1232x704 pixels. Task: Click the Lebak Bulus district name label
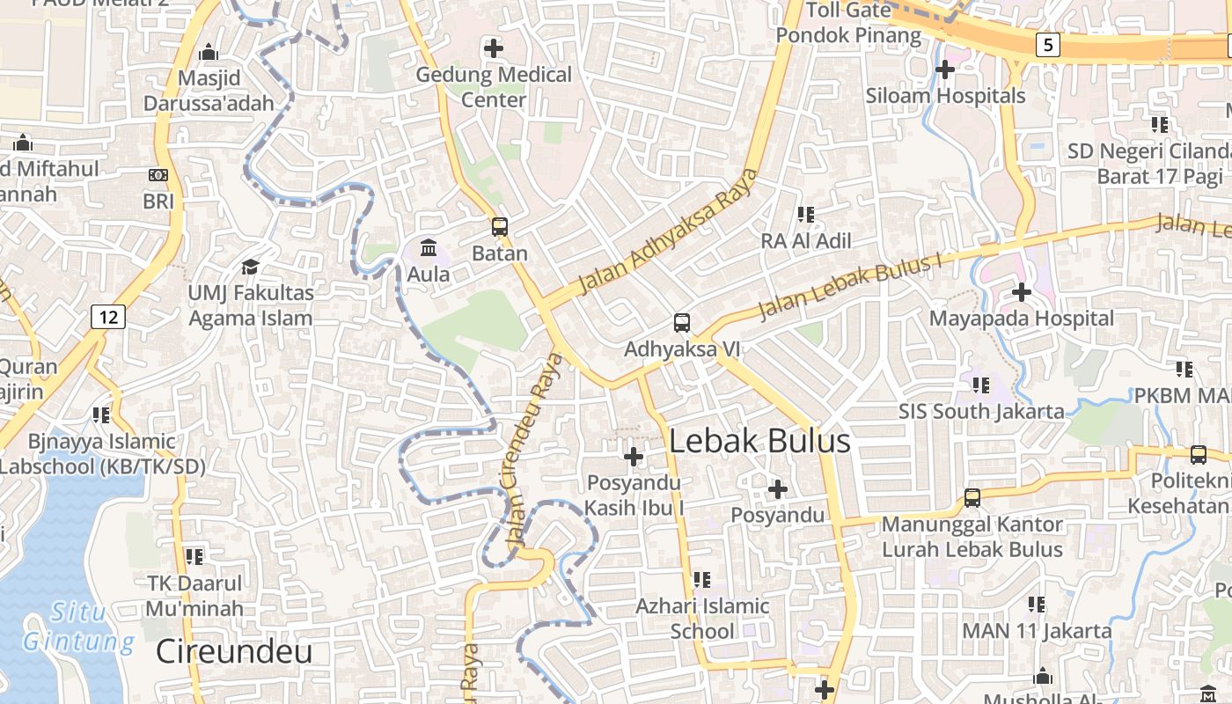(759, 441)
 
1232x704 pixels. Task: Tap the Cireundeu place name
(234, 651)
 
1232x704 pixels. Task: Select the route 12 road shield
(108, 316)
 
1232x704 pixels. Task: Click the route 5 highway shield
(1047, 44)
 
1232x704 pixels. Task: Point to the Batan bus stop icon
(500, 227)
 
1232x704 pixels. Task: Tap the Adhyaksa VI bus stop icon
(682, 323)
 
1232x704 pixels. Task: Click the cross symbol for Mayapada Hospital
(1022, 291)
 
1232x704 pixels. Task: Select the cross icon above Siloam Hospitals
(945, 69)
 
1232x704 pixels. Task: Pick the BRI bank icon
(158, 175)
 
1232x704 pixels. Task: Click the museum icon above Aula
(429, 247)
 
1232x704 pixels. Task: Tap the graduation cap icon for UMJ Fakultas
(251, 266)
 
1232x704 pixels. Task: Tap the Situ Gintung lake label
(78, 627)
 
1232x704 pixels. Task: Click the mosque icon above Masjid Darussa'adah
(209, 53)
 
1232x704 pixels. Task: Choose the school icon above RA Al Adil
(806, 214)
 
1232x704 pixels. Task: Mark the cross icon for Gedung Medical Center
(494, 48)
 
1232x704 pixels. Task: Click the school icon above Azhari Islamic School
(702, 579)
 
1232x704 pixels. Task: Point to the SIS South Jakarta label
(981, 411)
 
